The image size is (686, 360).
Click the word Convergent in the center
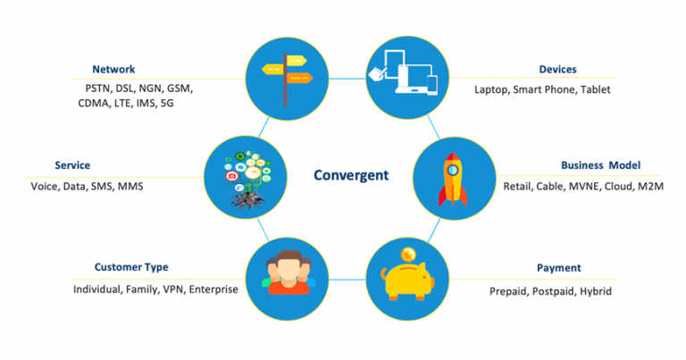coord(351,175)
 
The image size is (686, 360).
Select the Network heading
coord(113,69)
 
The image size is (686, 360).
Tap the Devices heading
coord(557,69)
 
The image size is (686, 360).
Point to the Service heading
coord(72,165)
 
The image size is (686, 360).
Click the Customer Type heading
coord(131,267)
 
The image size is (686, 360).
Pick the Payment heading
coord(558,267)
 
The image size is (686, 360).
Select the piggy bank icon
coord(406,279)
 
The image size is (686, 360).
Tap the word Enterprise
coord(212,289)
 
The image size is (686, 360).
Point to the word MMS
coord(130,187)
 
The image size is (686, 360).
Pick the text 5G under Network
coord(168,104)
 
